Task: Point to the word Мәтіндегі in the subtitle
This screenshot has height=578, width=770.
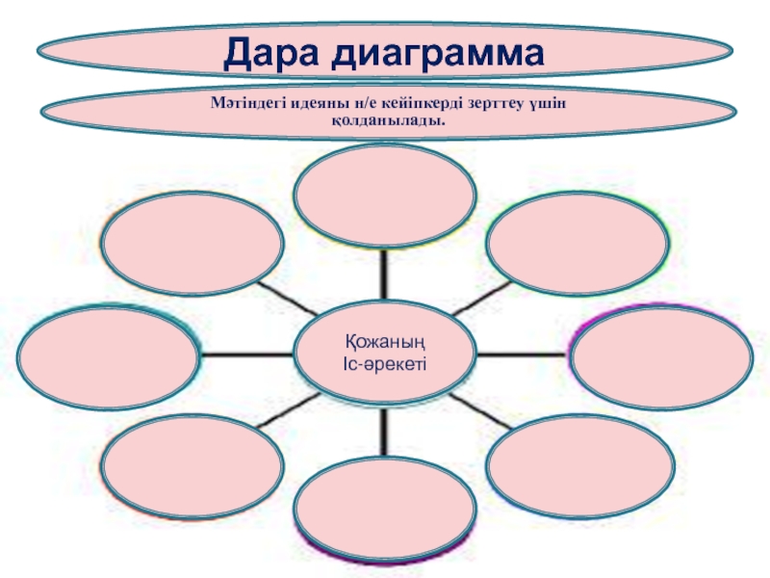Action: (x=244, y=104)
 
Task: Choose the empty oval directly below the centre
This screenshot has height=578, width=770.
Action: (x=385, y=506)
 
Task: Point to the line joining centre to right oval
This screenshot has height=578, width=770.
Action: (x=525, y=355)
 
